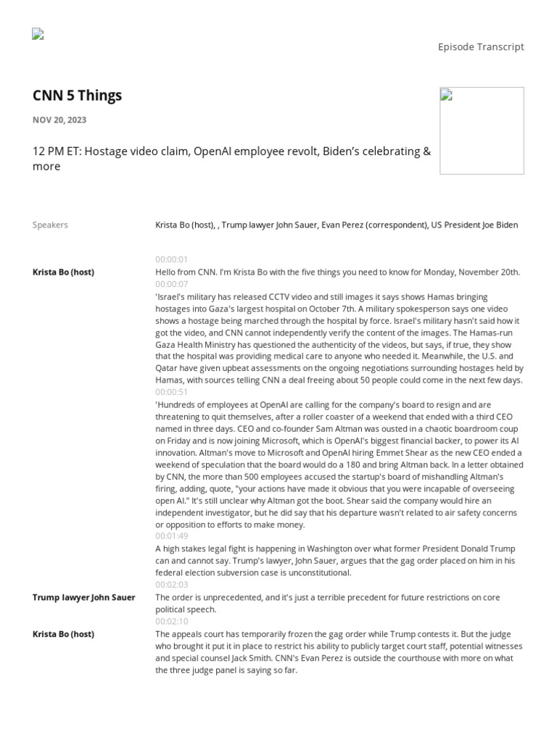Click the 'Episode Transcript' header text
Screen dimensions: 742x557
tap(480, 47)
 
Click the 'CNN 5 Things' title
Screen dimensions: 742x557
tap(77, 96)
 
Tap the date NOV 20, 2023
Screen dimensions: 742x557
tap(59, 120)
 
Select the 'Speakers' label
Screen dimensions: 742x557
tap(50, 225)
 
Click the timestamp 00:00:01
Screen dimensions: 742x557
tap(171, 259)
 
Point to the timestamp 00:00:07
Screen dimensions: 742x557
tap(171, 284)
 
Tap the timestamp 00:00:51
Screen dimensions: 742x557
tap(171, 392)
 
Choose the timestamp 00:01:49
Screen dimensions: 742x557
tap(171, 536)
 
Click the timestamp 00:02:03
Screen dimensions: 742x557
tap(171, 585)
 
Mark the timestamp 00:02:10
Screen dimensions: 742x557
tap(171, 621)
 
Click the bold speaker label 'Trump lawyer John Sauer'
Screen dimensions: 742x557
tap(83, 598)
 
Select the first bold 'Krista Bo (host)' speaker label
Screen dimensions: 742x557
tap(63, 272)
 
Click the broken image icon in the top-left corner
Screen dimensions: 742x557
tap(38, 33)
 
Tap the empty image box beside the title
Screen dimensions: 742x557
tap(482, 130)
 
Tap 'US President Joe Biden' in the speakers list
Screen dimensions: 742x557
tap(474, 225)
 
